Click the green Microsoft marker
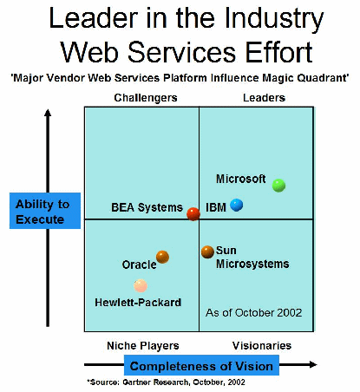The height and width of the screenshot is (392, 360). (278, 186)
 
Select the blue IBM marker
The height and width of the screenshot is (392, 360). (236, 205)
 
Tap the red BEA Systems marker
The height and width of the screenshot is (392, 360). (193, 214)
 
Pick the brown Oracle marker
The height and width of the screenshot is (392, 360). (162, 257)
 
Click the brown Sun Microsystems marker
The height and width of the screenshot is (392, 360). (207, 252)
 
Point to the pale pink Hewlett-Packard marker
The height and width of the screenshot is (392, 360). (141, 285)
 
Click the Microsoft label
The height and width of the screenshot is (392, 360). (241, 179)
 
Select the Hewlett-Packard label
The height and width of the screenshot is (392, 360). (138, 303)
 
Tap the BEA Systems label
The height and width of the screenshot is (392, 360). (147, 207)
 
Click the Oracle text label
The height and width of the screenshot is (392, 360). (139, 265)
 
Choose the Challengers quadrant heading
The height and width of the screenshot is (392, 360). (146, 98)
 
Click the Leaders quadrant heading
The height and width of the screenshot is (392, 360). (264, 98)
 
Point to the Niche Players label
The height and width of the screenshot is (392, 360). (143, 346)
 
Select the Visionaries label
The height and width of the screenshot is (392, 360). (262, 345)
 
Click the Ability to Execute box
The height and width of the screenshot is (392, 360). (45, 211)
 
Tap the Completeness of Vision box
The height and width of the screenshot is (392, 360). (201, 365)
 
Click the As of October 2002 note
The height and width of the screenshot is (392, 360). (253, 312)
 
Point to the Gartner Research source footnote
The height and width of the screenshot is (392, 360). (166, 382)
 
